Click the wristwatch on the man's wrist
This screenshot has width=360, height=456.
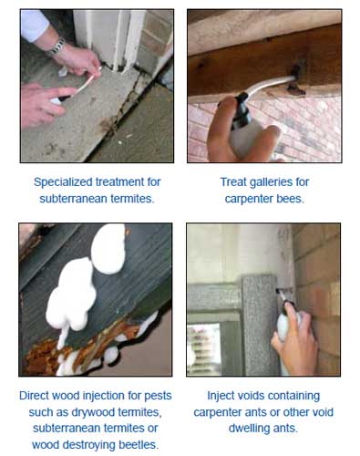pyautogui.click(x=57, y=47)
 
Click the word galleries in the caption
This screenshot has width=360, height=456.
pyautogui.click(x=265, y=182)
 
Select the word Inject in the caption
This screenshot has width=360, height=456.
pyautogui.click(x=218, y=396)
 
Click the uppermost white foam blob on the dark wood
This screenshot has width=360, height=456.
pyautogui.click(x=108, y=248)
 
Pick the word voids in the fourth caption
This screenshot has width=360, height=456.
pyautogui.click(x=244, y=396)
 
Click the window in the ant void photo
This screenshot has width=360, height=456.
pyautogui.click(x=204, y=348)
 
